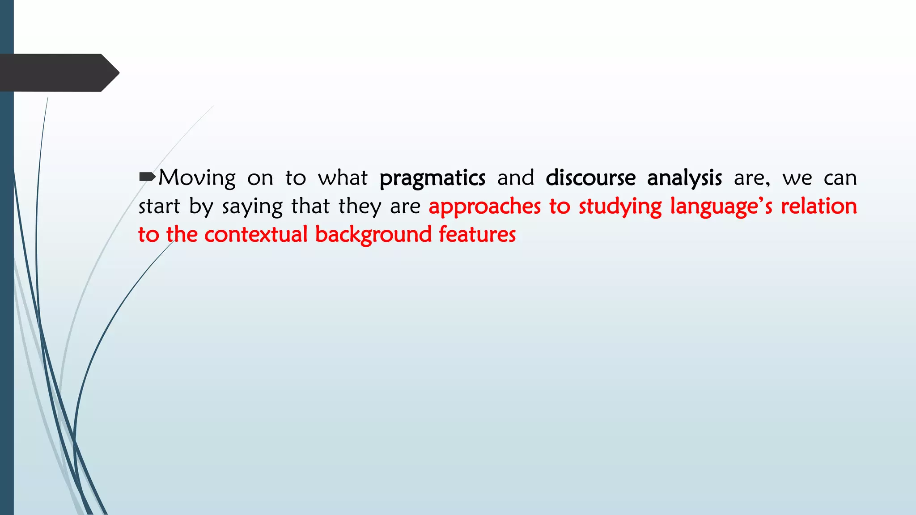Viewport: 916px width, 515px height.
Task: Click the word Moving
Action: click(x=197, y=178)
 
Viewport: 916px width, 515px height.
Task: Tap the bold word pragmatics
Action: click(x=432, y=178)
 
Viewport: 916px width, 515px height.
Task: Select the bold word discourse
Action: click(x=590, y=178)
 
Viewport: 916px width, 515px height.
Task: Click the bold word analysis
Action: click(x=684, y=178)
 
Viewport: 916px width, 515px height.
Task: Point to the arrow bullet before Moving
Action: click(x=147, y=177)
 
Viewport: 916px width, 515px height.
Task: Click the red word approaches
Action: click(x=484, y=207)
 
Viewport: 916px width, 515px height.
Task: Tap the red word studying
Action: click(x=620, y=207)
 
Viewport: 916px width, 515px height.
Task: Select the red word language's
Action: click(x=721, y=207)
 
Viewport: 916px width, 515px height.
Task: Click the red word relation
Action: click(x=818, y=207)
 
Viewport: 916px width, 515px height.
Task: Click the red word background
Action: click(x=373, y=235)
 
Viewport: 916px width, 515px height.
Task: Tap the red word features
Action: click(x=477, y=235)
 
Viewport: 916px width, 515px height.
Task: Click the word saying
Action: click(x=252, y=207)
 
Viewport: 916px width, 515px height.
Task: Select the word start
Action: click(x=159, y=207)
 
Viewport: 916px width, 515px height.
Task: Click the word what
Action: click(x=343, y=178)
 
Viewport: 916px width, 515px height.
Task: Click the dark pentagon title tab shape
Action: click(x=54, y=73)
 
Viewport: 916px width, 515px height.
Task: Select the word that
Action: click(x=310, y=207)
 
